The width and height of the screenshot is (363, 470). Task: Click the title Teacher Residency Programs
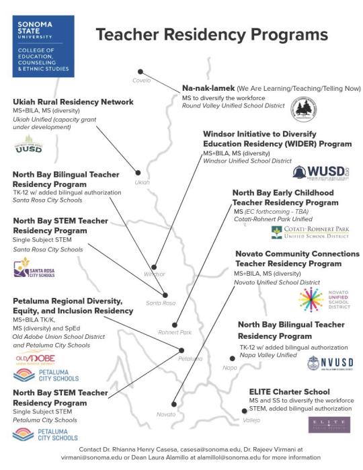pos(212,36)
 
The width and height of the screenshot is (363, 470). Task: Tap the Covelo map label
pos(142,81)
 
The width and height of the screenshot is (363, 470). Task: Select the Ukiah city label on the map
pos(142,182)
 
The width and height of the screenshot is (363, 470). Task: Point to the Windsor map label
pos(154,274)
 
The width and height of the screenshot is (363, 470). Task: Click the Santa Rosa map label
pos(160,303)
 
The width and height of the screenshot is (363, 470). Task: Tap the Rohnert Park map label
pos(175,332)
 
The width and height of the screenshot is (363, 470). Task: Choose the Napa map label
pos(230,367)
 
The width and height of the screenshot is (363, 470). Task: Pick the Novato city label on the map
pos(165,414)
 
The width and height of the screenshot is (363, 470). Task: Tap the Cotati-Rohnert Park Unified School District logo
pos(310,232)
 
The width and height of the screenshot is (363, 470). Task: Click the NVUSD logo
pos(330,363)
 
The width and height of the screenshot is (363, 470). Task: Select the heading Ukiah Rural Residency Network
pos(73,102)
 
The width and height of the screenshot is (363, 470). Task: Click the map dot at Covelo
pos(140,71)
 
